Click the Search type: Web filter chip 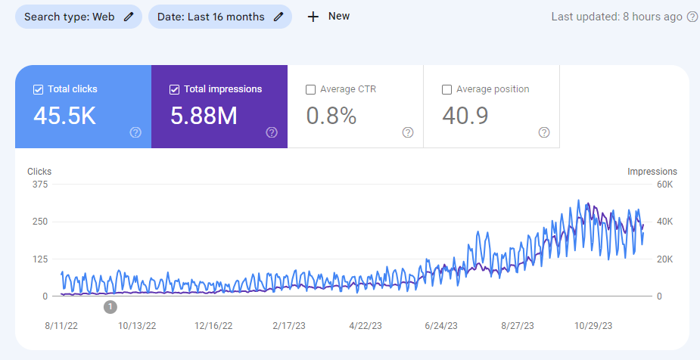point(78,17)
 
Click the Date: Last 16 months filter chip point(219,17)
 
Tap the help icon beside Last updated point(692,17)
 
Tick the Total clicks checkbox point(38,89)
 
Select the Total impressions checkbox point(174,89)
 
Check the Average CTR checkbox point(310,89)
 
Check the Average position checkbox point(446,89)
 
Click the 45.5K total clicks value point(64,116)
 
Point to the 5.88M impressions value point(204,116)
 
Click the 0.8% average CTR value point(331,116)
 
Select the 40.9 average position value point(465,116)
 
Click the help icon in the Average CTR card point(408,132)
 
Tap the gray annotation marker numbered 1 point(110,306)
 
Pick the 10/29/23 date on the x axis point(594,326)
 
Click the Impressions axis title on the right point(652,172)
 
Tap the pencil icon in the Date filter point(278,17)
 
